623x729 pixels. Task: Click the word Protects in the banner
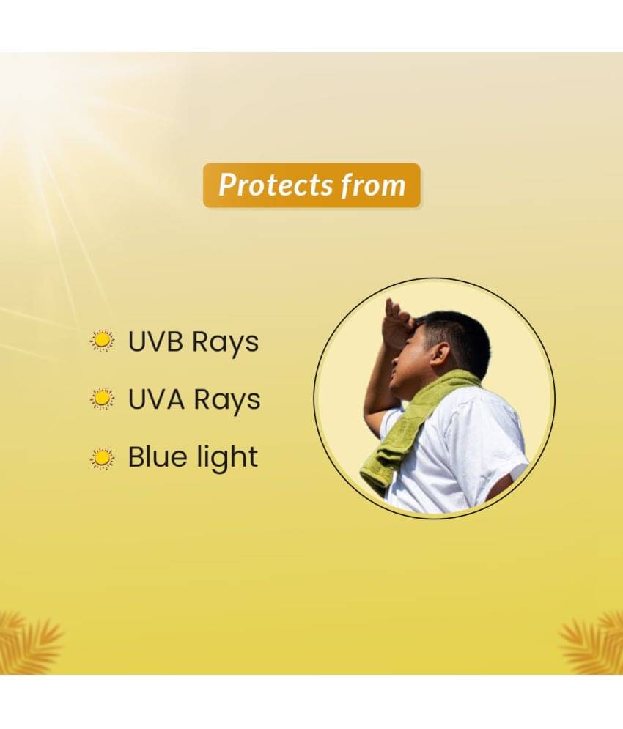[x=276, y=185]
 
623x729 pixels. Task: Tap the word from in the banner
[x=373, y=185]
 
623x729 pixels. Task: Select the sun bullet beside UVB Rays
[x=102, y=341]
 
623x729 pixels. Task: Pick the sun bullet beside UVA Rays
[x=102, y=399]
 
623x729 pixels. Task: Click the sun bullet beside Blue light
[x=102, y=459]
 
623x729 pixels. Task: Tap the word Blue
[x=156, y=456]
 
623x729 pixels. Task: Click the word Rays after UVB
[x=226, y=344]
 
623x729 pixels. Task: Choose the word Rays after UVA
[x=227, y=401]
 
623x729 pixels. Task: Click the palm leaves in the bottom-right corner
[x=593, y=644]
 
